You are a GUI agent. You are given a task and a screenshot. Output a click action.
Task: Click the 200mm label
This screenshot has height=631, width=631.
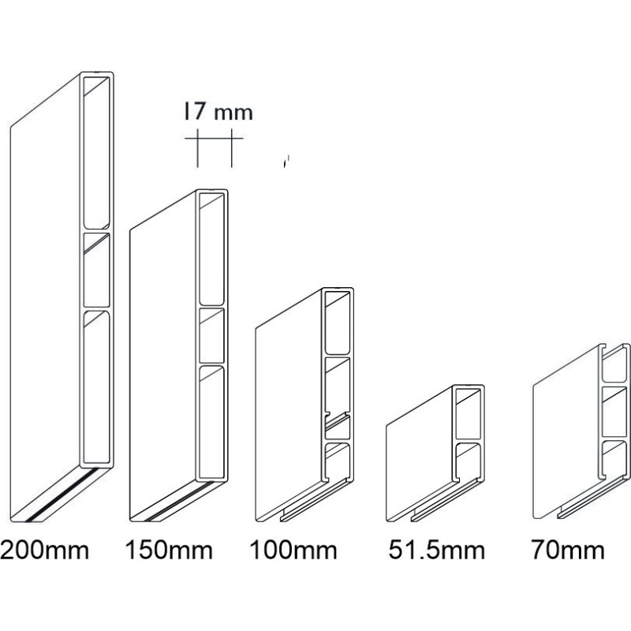(44, 550)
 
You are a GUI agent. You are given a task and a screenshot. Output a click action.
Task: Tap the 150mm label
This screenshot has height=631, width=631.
(169, 550)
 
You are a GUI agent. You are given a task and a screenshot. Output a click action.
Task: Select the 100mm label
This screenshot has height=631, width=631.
(293, 550)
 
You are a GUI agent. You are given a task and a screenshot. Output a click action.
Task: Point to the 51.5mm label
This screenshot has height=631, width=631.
(437, 550)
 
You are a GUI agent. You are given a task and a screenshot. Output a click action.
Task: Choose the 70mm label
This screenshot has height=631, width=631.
(568, 550)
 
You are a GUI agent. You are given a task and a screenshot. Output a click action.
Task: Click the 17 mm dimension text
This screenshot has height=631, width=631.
(218, 112)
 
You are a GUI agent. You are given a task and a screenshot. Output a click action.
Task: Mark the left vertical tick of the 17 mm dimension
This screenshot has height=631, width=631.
(198, 148)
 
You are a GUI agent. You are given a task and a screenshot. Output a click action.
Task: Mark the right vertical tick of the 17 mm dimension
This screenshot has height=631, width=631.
(231, 148)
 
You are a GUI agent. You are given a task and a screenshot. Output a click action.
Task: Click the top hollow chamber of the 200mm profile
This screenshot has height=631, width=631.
(96, 153)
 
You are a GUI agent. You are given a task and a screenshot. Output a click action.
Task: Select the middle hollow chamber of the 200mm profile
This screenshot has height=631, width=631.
(96, 270)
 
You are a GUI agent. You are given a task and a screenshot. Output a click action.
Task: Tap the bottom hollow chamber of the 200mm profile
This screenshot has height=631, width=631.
(96, 386)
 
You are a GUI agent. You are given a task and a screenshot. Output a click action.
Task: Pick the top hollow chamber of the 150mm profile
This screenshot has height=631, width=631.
(211, 249)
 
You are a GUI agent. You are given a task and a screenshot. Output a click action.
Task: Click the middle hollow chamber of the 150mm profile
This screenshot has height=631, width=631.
(211, 336)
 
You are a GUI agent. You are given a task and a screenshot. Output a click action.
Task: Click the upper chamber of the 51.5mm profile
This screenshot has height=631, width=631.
(468, 413)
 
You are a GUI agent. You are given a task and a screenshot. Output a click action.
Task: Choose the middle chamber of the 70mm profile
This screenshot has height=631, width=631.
(614, 412)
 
